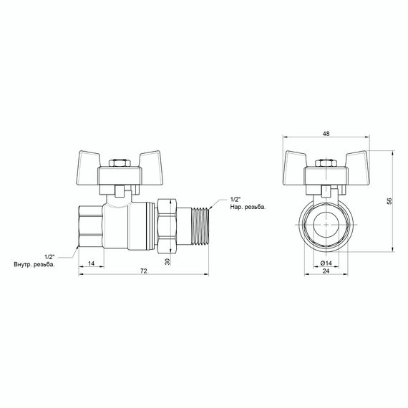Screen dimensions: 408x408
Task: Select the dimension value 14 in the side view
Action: pos(91,263)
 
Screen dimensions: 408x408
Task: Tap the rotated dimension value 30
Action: pos(168,262)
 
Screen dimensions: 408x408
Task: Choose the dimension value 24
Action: pos(325,272)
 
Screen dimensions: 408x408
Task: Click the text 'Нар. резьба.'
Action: pos(248,208)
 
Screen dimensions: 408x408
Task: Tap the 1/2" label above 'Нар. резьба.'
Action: pos(236,199)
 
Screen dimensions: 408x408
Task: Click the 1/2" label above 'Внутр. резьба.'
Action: pos(49,256)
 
